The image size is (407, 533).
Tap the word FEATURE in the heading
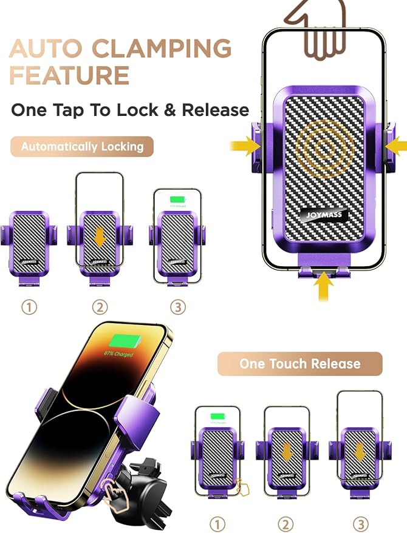click(69, 76)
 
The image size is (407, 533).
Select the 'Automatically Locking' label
click(82, 147)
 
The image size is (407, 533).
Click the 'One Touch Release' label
click(299, 364)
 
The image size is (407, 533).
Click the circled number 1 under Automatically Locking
click(29, 307)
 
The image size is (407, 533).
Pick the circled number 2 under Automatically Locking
click(100, 307)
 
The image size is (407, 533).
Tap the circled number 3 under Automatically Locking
click(177, 307)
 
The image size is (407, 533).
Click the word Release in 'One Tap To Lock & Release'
click(216, 110)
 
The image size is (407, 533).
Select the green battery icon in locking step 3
click(177, 199)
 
